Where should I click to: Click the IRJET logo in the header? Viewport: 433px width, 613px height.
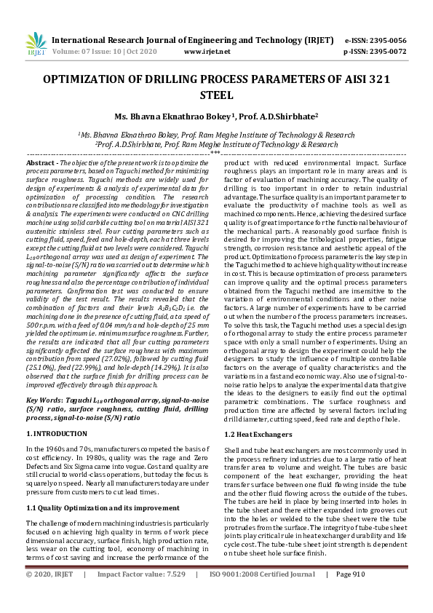(x=33, y=46)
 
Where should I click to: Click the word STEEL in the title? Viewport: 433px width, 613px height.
(x=216, y=95)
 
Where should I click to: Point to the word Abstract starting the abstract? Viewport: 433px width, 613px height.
(x=41, y=164)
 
